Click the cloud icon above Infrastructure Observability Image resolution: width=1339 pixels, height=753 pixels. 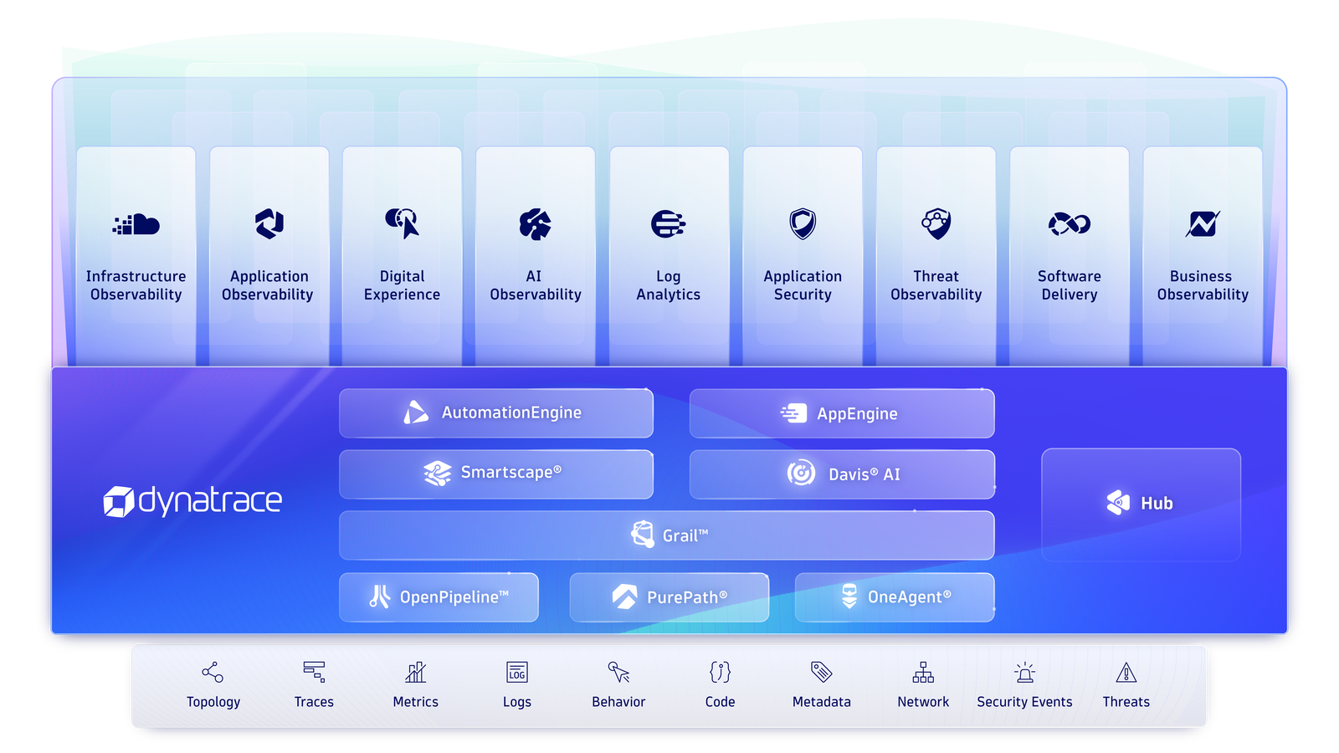coord(136,224)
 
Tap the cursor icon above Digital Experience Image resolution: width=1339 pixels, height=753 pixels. coord(403,223)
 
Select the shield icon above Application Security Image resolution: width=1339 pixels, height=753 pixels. coord(803,223)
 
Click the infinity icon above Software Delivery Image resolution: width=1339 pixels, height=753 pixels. coord(1070,224)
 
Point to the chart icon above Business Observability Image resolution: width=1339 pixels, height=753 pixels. coord(1202,224)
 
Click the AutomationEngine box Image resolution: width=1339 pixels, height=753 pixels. coord(496,413)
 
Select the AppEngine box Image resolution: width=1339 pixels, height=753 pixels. coord(842,413)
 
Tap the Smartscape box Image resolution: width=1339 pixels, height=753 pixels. coord(496,474)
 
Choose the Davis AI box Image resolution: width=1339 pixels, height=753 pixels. coord(842,474)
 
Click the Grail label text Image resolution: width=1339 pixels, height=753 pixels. coord(685,535)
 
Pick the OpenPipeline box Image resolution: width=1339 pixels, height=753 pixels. coord(439,597)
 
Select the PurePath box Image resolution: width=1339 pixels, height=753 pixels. coord(669,597)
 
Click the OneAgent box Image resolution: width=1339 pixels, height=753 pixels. coord(895,597)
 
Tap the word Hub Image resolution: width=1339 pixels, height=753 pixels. coord(1157,503)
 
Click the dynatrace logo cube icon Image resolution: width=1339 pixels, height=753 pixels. coord(118,501)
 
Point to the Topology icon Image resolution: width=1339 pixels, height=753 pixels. coord(213,673)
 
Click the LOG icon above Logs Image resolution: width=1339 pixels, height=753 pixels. coord(517,673)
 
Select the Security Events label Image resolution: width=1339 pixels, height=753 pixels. coord(1024,702)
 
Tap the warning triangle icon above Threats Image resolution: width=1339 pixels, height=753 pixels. coord(1126,673)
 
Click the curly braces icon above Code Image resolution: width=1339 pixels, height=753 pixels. coord(720,673)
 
